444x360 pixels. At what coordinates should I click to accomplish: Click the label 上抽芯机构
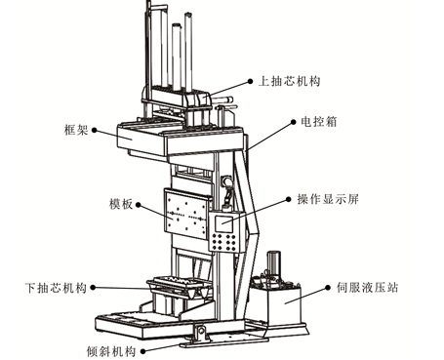(289, 81)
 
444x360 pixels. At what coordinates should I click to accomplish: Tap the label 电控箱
(318, 122)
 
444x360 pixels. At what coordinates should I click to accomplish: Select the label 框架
(76, 130)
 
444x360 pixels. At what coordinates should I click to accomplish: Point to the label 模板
(121, 204)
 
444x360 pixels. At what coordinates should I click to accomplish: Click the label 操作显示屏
(328, 199)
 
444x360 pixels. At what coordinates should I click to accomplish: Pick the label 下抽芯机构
(56, 288)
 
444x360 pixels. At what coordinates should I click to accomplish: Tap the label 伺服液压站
(367, 288)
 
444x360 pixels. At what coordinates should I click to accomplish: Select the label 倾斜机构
(111, 351)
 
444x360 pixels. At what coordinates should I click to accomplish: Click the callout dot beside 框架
(95, 131)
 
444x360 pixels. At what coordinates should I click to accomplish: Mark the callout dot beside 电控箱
(294, 122)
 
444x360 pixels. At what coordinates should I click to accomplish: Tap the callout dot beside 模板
(139, 205)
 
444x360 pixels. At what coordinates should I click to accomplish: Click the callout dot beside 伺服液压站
(328, 288)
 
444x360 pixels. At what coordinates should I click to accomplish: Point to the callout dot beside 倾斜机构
(142, 351)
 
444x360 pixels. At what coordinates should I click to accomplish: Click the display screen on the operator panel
(223, 223)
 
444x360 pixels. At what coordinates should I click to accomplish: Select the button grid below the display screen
(223, 242)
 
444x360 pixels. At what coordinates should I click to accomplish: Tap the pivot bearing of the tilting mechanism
(201, 332)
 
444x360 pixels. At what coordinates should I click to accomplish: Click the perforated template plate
(186, 214)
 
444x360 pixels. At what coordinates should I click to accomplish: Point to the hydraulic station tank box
(284, 304)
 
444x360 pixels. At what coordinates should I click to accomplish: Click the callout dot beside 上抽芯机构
(250, 81)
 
